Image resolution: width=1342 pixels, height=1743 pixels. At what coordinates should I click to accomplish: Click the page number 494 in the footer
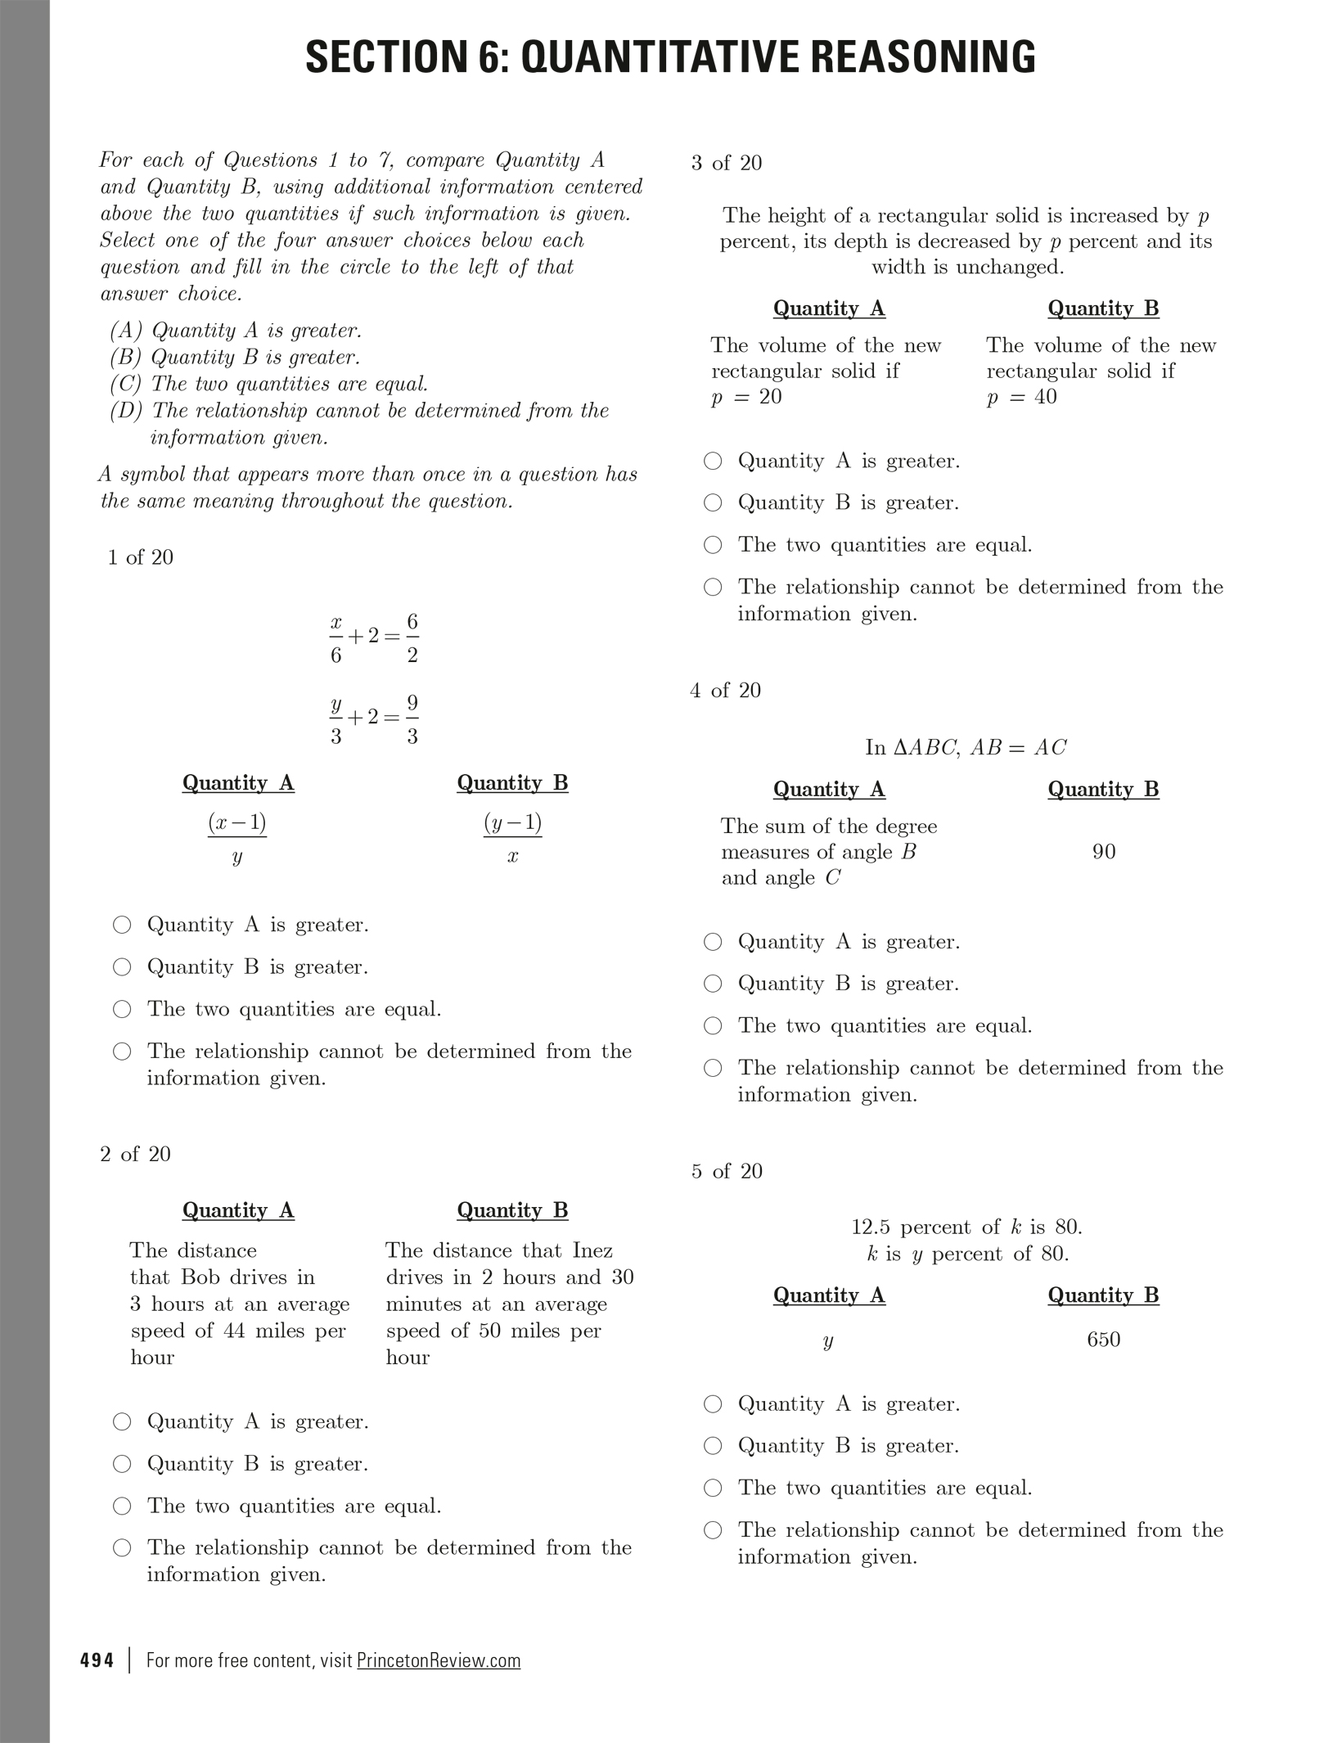97,1660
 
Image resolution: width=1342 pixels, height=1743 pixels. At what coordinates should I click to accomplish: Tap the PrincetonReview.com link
439,1660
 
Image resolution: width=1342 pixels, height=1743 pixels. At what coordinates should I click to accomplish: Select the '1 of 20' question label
141,557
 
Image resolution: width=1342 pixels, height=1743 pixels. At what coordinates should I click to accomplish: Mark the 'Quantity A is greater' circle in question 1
122,926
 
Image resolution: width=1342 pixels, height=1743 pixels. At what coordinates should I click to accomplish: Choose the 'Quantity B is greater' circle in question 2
122,1464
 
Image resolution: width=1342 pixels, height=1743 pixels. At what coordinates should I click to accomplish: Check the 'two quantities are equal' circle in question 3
713,545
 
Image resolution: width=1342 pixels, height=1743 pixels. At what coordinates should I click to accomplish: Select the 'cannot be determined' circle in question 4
713,1068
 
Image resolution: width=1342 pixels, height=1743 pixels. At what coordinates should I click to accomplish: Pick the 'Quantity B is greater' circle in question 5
713,1446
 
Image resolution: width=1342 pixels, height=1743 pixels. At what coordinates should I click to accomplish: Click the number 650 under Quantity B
1103,1340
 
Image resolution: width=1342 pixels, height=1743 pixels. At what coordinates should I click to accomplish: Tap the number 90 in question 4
1103,852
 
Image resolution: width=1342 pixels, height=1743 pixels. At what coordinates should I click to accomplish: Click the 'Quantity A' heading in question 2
238,1210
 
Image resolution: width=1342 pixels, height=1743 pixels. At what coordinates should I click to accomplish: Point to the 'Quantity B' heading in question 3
1103,309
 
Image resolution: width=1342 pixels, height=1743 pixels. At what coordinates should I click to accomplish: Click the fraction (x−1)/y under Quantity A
237,838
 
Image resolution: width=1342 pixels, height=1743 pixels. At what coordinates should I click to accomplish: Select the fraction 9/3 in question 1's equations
412,718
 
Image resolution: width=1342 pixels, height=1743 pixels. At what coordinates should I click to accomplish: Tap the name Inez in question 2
592,1250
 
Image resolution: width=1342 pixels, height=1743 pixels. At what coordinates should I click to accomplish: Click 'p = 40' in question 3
1021,397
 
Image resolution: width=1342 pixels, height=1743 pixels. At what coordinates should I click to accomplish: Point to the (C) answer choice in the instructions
270,384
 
